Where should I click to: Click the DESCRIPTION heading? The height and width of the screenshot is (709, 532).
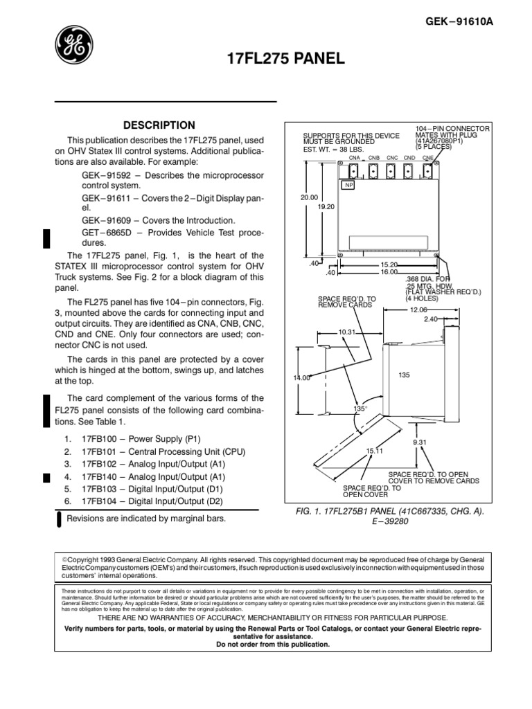tap(159, 125)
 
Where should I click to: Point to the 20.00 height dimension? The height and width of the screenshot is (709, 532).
tap(308, 197)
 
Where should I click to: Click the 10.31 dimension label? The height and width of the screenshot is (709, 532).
tap(346, 332)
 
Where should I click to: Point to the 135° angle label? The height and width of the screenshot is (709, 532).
tap(360, 409)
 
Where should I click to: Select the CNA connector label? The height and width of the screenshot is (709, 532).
tap(344, 158)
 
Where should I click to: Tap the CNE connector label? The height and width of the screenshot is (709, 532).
tap(428, 158)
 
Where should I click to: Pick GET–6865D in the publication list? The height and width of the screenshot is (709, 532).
tap(105, 231)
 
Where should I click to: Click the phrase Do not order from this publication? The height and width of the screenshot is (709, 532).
tap(264, 644)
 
